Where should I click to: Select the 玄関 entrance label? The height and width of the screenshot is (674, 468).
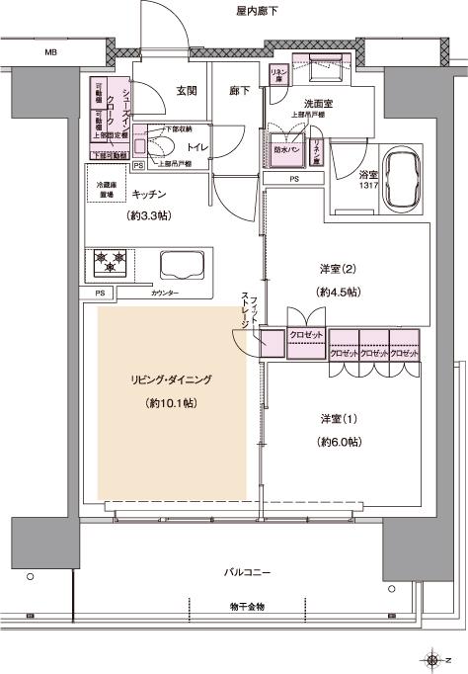tap(187, 91)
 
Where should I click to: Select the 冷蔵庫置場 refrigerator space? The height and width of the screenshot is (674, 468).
tap(108, 191)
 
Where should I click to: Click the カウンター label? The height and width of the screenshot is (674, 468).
tap(166, 295)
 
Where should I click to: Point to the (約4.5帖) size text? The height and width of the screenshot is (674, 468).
tap(338, 293)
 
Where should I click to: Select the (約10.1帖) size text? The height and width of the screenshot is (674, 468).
tap(171, 403)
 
